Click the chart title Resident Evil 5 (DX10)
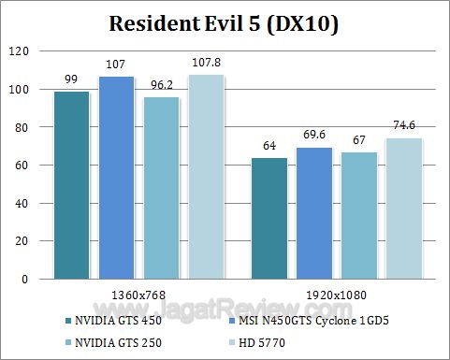pos(225,22)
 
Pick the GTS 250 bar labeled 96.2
pos(162,188)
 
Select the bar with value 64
pos(269,218)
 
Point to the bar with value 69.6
pos(314,213)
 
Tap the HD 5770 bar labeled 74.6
pos(404,209)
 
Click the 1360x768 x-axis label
pos(139,293)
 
